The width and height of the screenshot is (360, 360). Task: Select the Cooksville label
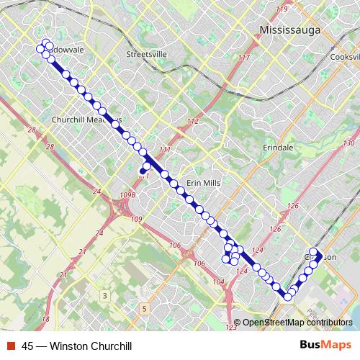tap(343, 57)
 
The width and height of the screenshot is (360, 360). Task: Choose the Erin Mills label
tap(202, 184)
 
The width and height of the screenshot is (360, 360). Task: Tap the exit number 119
tap(281, 9)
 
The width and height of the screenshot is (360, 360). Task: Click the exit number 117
tap(243, 58)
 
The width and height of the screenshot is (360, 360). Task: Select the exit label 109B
tap(128, 194)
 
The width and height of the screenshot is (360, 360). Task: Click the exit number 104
tap(219, 282)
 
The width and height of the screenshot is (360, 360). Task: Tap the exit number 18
tap(46, 318)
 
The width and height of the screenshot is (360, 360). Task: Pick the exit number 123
tap(231, 328)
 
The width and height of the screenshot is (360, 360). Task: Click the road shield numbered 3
tap(105, 296)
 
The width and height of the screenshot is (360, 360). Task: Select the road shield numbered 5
tap(144, 309)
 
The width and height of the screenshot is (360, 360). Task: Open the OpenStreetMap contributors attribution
tap(297, 323)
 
